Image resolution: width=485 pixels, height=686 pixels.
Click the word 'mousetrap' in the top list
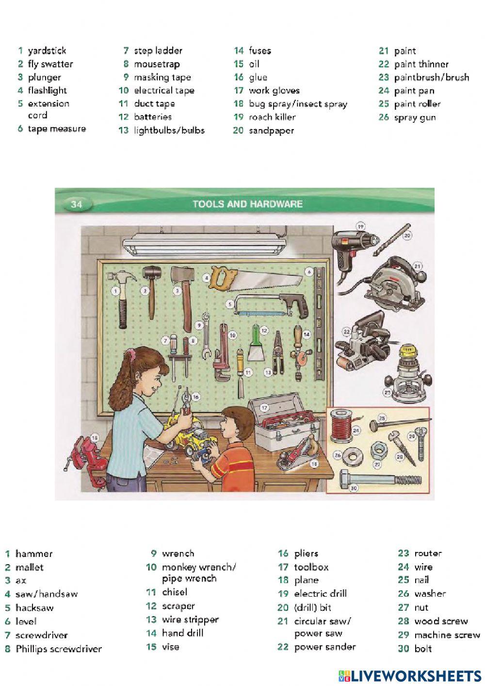[157, 64]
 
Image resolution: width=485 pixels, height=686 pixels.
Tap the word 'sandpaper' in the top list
[271, 131]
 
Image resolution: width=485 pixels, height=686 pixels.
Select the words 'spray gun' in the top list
[415, 117]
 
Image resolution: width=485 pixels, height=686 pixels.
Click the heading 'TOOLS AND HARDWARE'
[247, 204]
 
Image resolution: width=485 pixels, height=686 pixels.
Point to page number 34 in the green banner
[77, 204]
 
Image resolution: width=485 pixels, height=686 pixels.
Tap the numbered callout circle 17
[264, 408]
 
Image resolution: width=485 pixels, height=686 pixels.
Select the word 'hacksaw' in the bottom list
[34, 608]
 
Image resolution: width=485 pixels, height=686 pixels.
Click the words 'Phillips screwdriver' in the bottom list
[59, 649]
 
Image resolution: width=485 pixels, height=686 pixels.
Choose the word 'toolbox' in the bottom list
[311, 567]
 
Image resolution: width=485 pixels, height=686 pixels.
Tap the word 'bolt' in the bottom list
[423, 649]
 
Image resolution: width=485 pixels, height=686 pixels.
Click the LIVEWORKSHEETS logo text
[415, 675]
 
